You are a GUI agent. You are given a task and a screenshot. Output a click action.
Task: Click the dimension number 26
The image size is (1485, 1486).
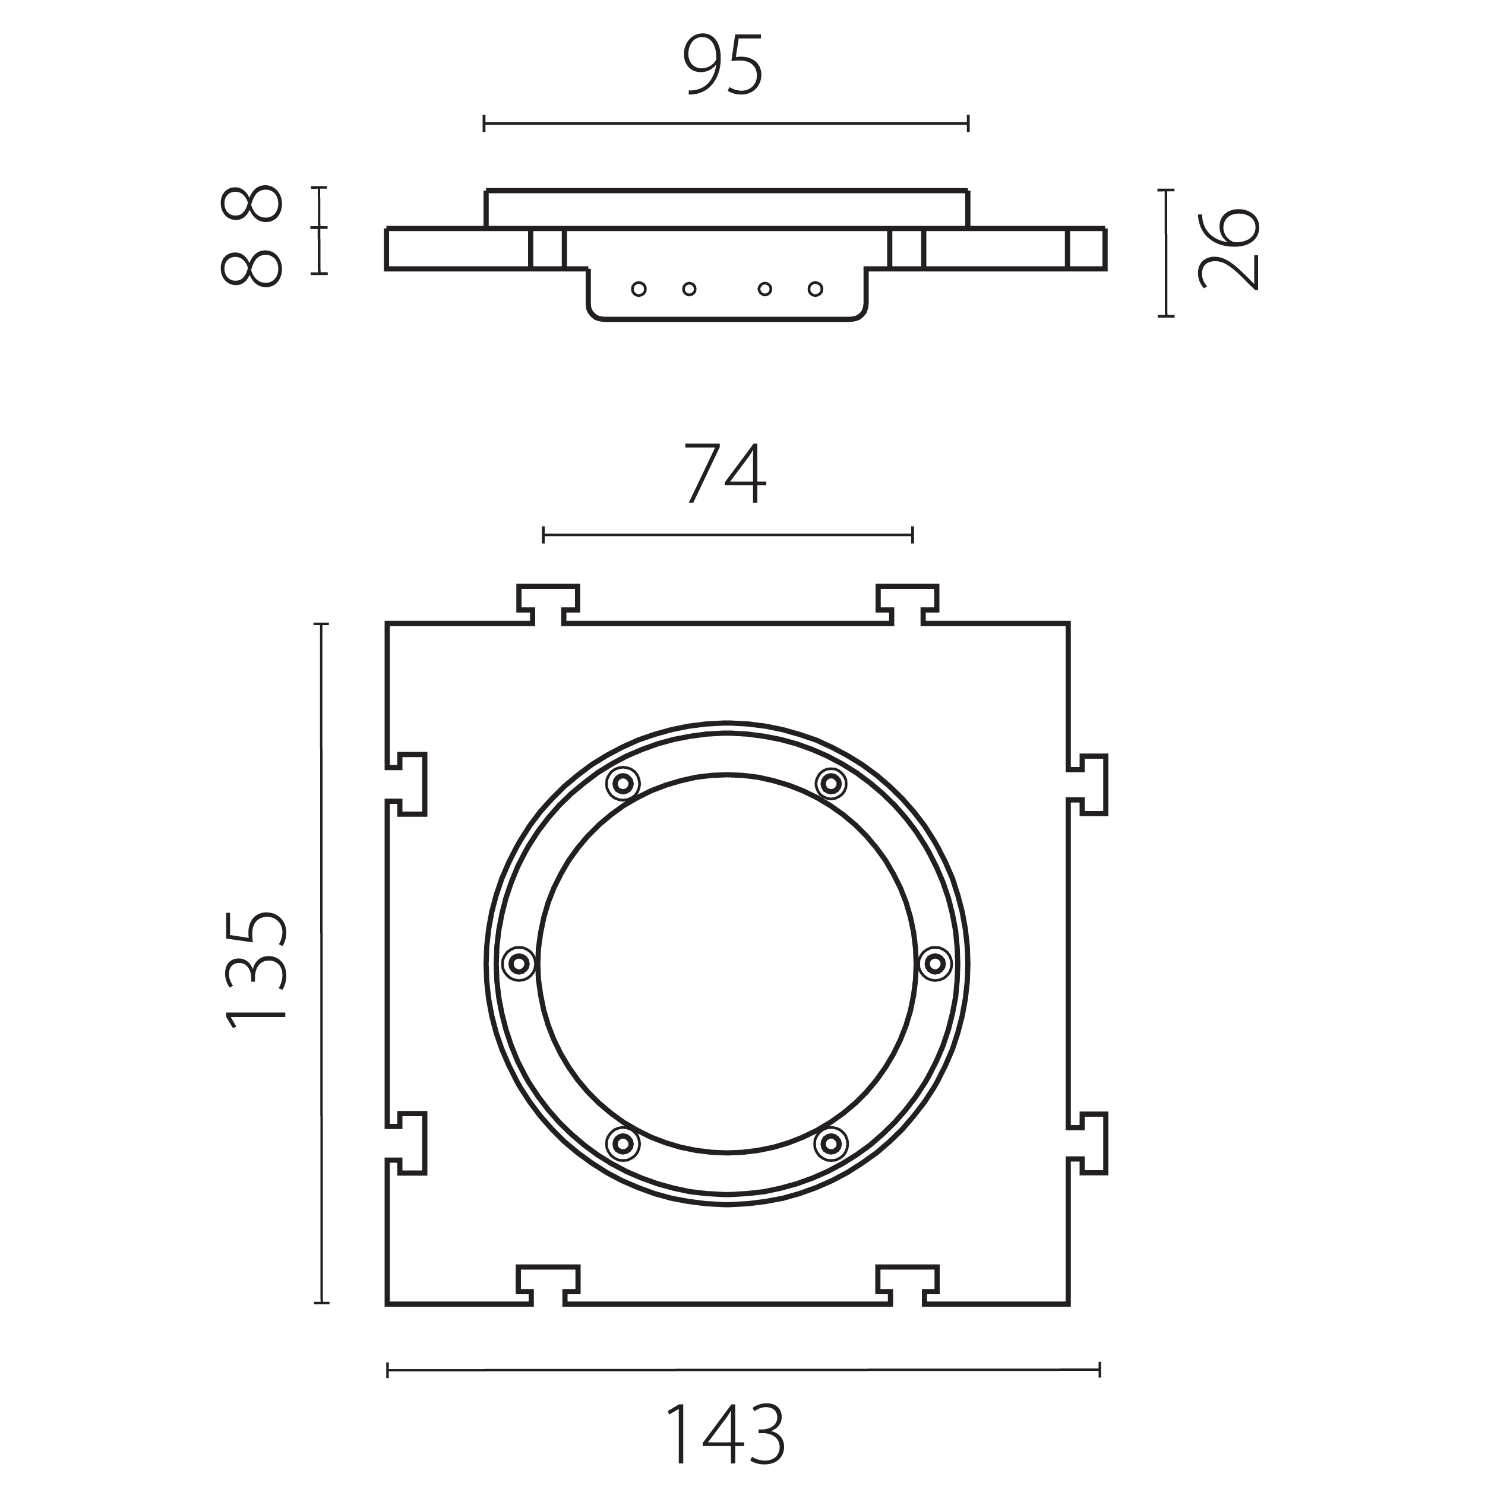click(1229, 248)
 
